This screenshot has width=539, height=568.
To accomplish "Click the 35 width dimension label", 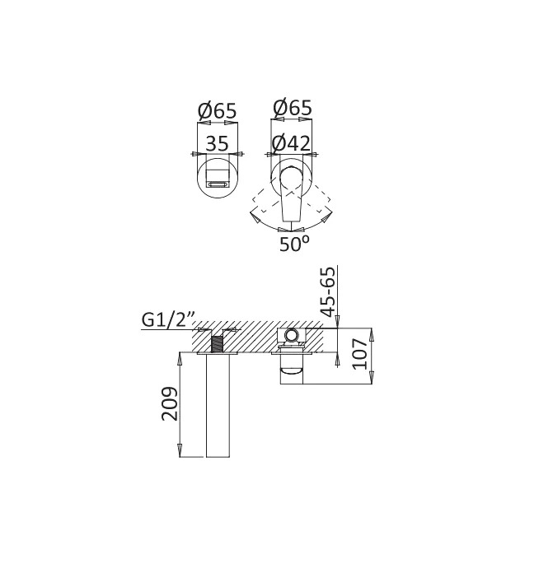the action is tap(218, 143).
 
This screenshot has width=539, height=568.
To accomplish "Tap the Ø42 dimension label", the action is tap(291, 143).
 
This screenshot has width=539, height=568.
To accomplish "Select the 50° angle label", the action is tap(294, 244).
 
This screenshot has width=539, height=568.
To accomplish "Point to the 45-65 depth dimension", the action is tap(329, 292).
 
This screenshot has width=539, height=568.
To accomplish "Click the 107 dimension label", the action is tap(360, 353).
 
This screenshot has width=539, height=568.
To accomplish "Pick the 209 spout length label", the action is tap(170, 404).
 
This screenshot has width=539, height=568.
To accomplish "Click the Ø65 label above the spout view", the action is tap(218, 111).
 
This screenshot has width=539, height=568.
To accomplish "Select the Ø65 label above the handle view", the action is tap(293, 108).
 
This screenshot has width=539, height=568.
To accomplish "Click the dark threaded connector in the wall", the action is tap(217, 344).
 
